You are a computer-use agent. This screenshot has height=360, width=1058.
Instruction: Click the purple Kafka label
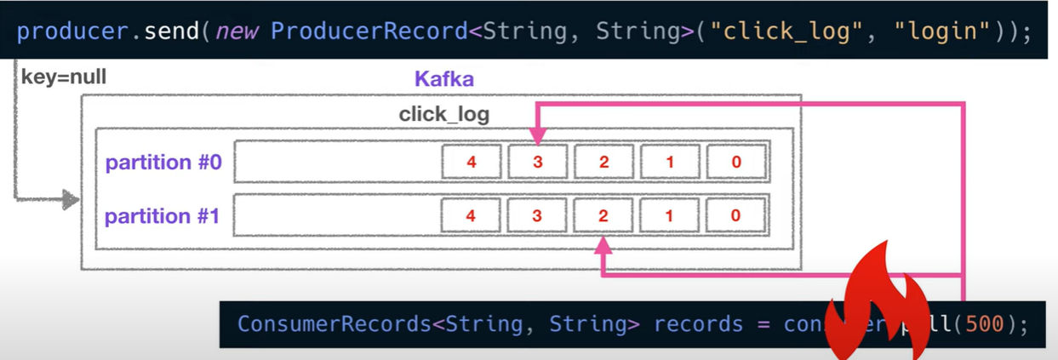click(x=443, y=80)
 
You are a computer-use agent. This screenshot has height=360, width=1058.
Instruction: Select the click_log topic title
click(x=443, y=114)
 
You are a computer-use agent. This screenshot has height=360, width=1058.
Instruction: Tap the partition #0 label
click(x=163, y=162)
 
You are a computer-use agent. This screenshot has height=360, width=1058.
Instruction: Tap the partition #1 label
click(x=163, y=216)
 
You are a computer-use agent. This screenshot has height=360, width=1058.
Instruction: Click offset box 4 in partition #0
click(x=471, y=162)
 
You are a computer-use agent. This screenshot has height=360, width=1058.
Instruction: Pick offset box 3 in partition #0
click(x=537, y=162)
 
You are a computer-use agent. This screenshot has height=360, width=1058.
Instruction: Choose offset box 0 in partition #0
click(x=736, y=162)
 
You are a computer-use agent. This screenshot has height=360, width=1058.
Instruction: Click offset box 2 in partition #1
click(x=603, y=216)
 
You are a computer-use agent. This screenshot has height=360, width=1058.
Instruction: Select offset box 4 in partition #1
click(x=471, y=216)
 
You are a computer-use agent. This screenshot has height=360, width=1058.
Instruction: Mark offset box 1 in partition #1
click(x=669, y=216)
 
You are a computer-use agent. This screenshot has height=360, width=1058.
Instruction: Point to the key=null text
click(x=64, y=77)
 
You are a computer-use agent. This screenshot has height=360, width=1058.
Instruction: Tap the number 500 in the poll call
click(x=985, y=324)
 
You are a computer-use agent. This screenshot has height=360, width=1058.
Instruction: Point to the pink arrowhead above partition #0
click(x=537, y=135)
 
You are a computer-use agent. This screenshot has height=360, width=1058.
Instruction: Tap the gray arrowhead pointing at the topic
click(x=71, y=201)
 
